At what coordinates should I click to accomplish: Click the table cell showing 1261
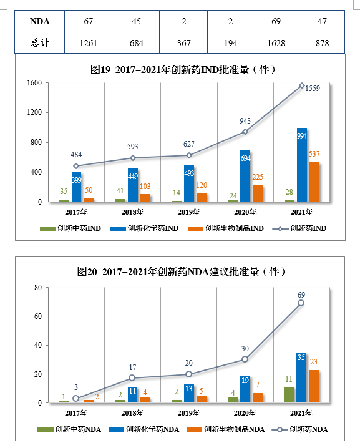[89, 44]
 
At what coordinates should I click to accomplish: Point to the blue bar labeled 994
[302, 165]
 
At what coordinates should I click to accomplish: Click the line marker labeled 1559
[302, 85]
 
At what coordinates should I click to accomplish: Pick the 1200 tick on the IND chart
[34, 112]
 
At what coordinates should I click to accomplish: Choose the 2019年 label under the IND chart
[189, 212]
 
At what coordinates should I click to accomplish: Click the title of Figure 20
[182, 271]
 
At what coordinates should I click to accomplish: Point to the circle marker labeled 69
[301, 303]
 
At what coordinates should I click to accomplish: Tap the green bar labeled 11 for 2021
[289, 395]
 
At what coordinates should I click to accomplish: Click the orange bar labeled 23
[314, 387]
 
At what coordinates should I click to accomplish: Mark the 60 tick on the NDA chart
[38, 316]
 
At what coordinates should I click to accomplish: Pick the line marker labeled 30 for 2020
[245, 359]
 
